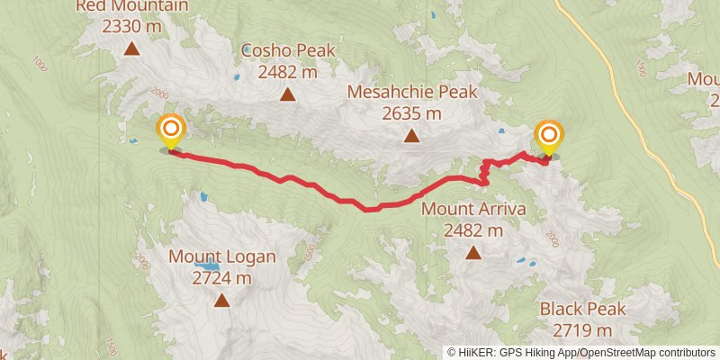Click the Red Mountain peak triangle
pos(131,49)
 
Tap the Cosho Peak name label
pos(288,50)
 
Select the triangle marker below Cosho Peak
pos(288,94)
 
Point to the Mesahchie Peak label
pos(411,93)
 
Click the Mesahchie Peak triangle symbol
pos(411,137)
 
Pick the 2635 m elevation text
pos(411,113)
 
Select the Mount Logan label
pos(221,257)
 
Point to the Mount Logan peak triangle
pos(221,301)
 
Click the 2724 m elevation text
pos(221,278)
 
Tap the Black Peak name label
pos(581,310)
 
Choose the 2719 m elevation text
pos(581,330)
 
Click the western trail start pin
pos(169,132)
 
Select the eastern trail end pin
pos(548,137)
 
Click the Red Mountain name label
pos(131,6)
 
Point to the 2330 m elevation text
pos(131,26)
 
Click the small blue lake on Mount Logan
pos(208,267)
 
